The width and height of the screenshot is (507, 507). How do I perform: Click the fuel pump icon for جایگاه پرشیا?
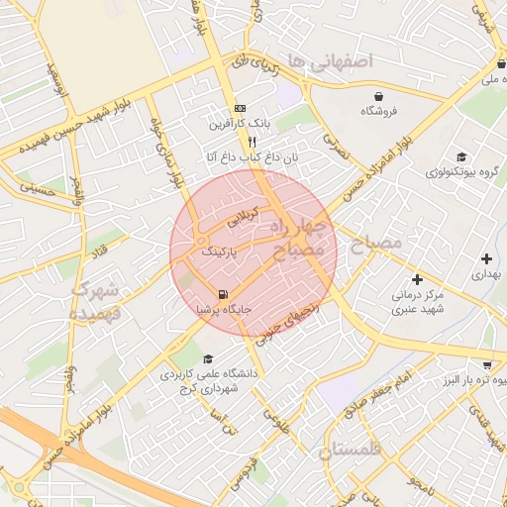point(222,293)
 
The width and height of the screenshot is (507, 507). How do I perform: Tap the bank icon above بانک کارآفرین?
point(239,109)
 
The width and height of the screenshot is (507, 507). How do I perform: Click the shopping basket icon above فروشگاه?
point(379,95)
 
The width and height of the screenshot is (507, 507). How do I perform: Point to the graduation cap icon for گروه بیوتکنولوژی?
point(460,156)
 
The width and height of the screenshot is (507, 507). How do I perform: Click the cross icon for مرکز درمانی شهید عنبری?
point(417,279)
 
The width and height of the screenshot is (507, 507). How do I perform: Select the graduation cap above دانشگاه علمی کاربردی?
point(208,358)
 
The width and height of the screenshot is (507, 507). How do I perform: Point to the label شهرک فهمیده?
point(96,302)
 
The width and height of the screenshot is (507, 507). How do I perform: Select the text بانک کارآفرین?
point(237,126)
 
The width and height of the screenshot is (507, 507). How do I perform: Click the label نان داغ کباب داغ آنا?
point(252,157)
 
